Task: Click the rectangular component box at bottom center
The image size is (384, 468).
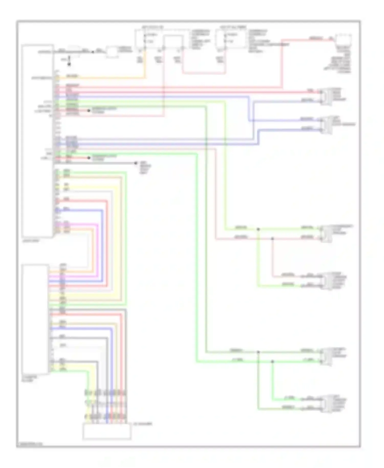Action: click(107, 432)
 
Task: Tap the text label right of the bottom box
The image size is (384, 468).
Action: click(143, 424)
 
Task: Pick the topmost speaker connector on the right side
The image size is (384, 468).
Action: click(326, 97)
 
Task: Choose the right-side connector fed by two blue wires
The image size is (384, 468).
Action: click(326, 125)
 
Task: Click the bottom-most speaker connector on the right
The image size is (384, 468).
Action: click(326, 404)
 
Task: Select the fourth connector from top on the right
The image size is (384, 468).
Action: click(326, 281)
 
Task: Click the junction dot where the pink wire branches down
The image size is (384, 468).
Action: click(272, 239)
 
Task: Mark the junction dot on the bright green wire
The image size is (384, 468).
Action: click(272, 361)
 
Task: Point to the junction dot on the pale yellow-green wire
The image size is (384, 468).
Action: click(258, 229)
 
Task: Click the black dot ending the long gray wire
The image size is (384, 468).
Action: click(136, 163)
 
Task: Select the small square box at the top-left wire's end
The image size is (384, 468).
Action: click(111, 52)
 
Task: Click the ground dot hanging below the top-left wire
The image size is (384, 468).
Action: click(69, 64)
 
